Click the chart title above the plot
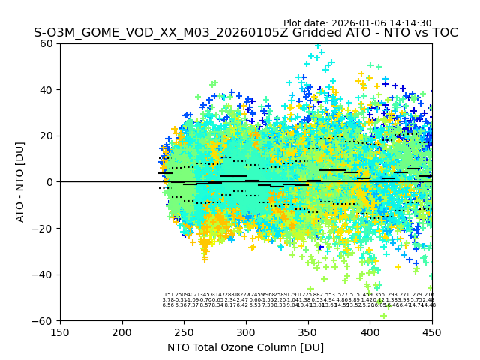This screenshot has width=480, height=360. (245, 34)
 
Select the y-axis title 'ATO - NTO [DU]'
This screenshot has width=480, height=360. (20, 182)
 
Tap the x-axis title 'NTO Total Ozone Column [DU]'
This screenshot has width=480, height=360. (245, 347)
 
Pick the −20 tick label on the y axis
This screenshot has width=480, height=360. (45, 228)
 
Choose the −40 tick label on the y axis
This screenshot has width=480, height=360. (45, 274)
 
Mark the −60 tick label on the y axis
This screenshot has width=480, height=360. (45, 320)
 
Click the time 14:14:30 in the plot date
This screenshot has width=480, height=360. (409, 23)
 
